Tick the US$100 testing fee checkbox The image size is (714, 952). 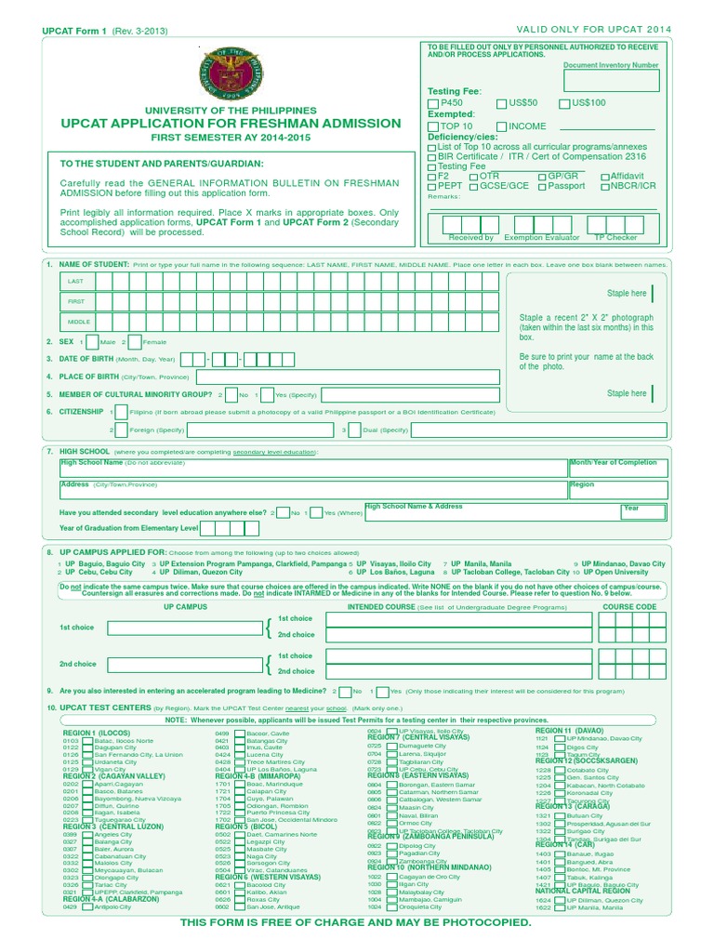[x=564, y=103]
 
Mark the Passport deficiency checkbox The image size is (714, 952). [x=541, y=186]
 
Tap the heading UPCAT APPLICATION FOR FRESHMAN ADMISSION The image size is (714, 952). [x=231, y=124]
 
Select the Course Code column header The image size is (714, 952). [x=629, y=607]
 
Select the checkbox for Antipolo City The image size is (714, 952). [x=88, y=907]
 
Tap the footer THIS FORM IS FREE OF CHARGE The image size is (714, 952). [x=355, y=921]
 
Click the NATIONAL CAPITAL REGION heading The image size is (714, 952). [x=582, y=891]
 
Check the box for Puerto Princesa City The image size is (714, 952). [x=239, y=813]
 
